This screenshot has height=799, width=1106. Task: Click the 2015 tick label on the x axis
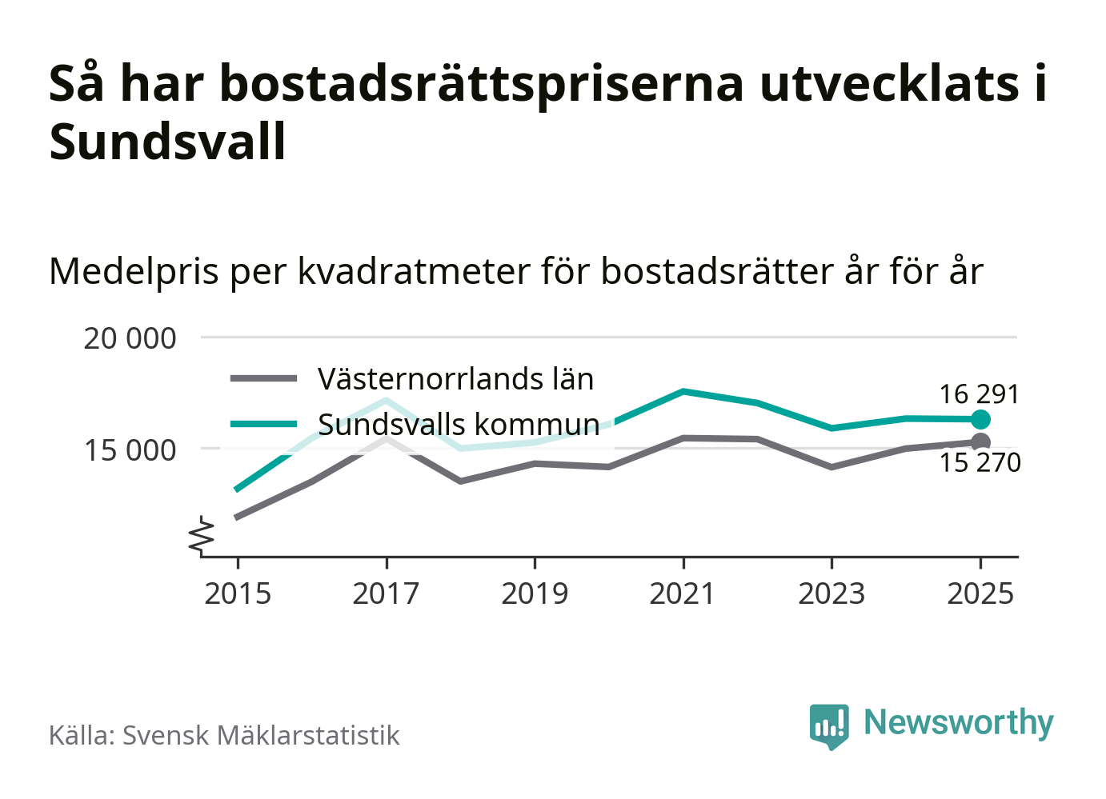tap(238, 593)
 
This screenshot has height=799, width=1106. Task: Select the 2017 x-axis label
tap(386, 593)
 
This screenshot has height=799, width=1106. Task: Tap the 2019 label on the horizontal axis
tap(535, 593)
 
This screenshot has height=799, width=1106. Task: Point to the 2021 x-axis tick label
tap(683, 593)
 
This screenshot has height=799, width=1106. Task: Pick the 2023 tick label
tap(832, 593)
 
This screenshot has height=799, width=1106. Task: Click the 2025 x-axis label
tap(980, 593)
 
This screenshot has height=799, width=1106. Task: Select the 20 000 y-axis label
tap(130, 338)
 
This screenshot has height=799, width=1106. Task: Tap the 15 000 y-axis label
tap(130, 450)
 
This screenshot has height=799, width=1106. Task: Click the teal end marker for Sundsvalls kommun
tap(980, 419)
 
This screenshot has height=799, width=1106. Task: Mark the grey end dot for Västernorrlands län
tap(980, 442)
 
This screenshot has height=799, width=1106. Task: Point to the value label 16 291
tap(979, 394)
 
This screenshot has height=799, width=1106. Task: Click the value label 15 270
tap(980, 463)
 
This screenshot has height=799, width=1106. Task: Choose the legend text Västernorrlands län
tap(455, 379)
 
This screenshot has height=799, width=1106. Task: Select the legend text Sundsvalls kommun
tap(459, 424)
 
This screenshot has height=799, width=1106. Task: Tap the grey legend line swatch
tap(263, 379)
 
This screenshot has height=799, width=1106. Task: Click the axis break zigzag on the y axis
tap(202, 536)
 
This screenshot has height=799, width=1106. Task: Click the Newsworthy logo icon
tap(828, 725)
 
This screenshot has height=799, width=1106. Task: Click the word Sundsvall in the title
tap(167, 142)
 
